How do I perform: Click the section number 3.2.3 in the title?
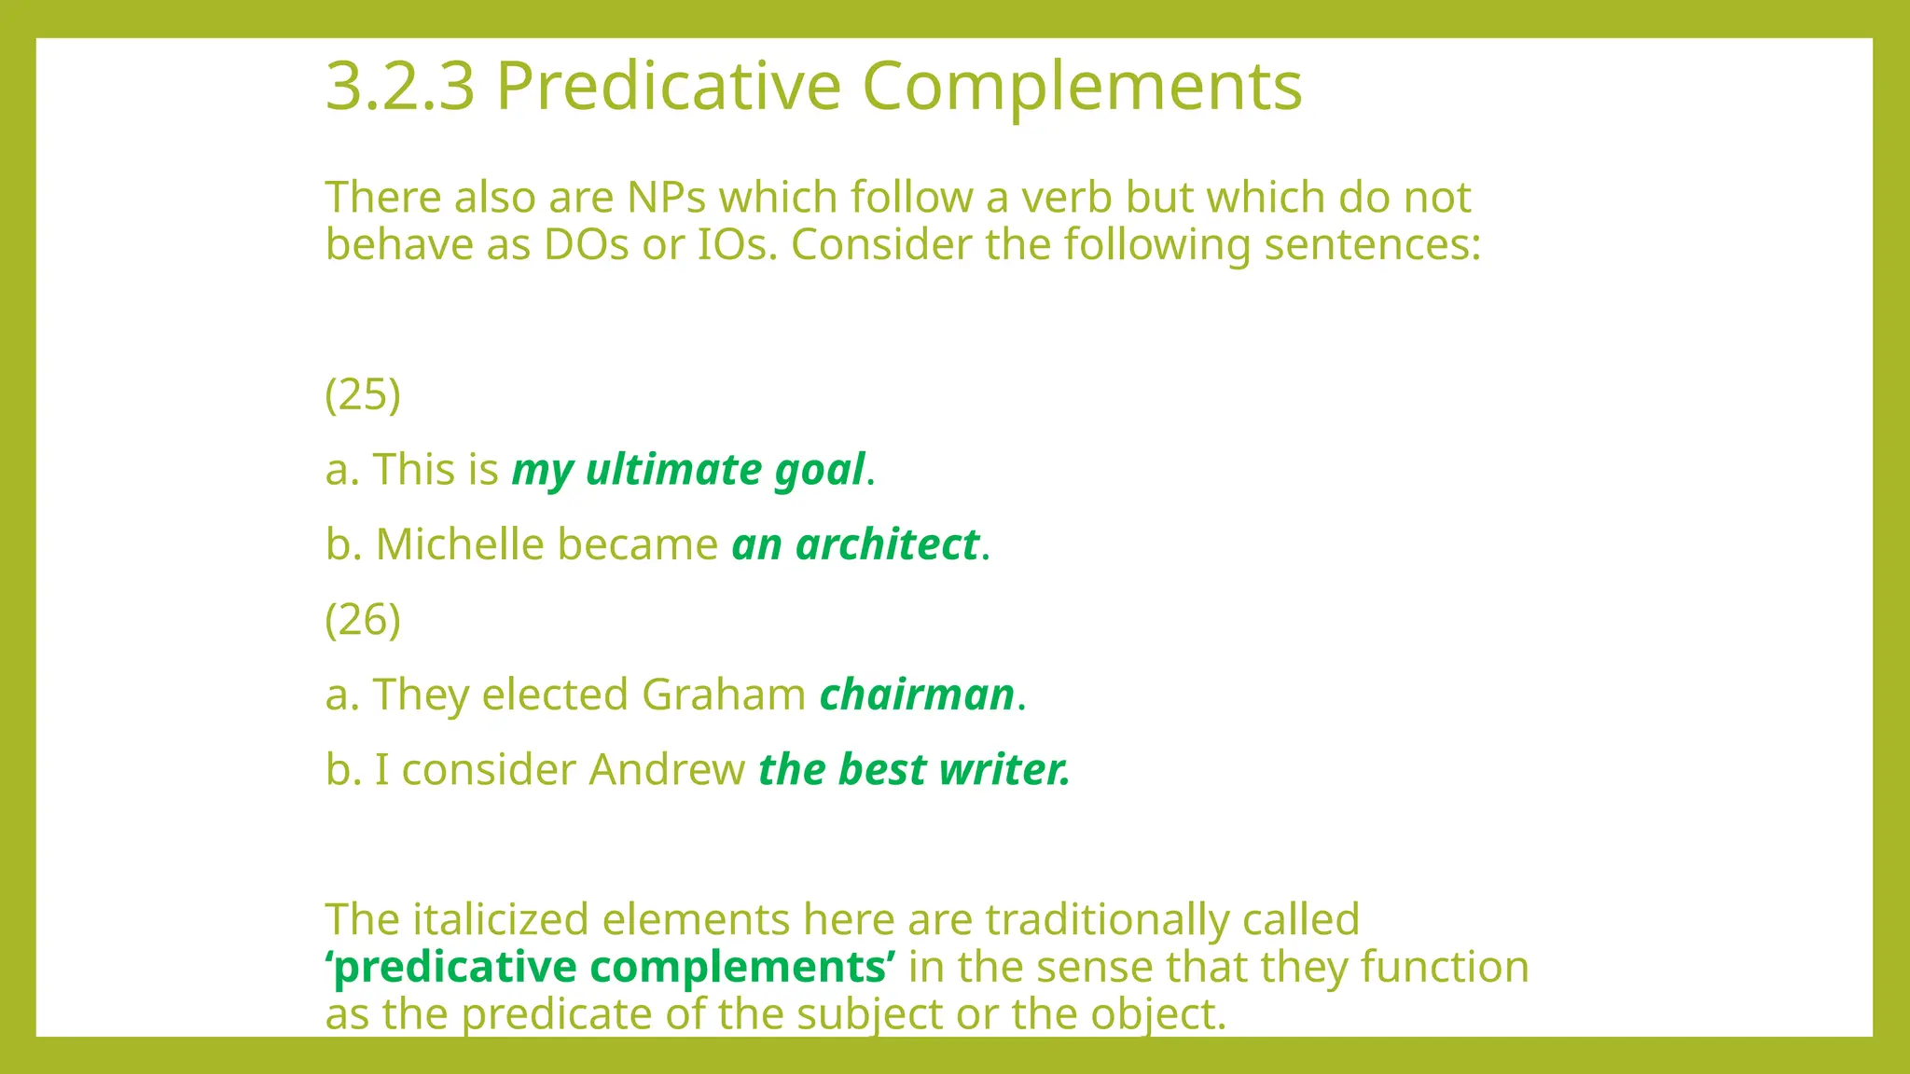click(x=400, y=87)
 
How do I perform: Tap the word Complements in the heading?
click(x=1082, y=87)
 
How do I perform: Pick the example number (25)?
click(x=363, y=394)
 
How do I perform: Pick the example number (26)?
click(x=363, y=620)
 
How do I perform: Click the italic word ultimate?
click(x=673, y=469)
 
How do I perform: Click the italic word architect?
click(x=887, y=544)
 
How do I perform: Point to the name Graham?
click(x=724, y=695)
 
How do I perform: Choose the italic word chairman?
click(x=917, y=695)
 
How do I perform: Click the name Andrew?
click(x=667, y=770)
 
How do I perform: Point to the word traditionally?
click(x=1107, y=920)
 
